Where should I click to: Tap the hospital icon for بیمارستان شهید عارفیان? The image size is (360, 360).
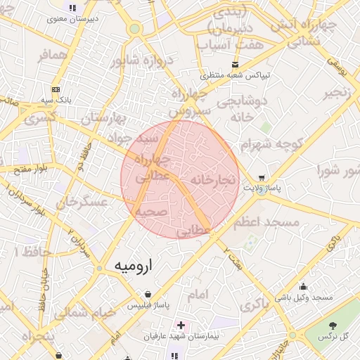point(181,326)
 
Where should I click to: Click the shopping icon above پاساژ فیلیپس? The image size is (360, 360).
point(147,295)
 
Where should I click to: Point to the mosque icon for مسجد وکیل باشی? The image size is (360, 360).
point(303,287)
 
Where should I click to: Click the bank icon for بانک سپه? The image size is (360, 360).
point(56,89)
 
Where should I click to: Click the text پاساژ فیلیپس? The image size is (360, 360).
point(148,307)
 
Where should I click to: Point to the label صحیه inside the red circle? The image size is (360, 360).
point(150,212)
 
